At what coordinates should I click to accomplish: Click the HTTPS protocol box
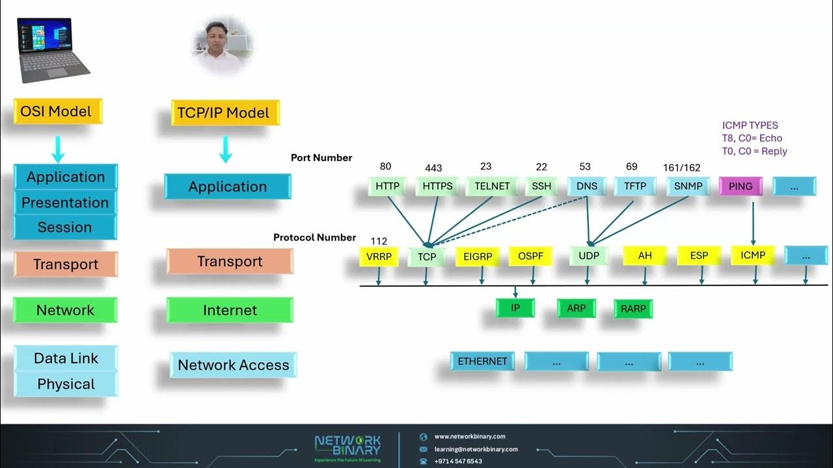(x=437, y=186)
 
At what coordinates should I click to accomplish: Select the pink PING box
(x=741, y=186)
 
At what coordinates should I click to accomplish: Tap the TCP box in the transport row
(x=427, y=257)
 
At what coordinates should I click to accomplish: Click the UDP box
(x=588, y=256)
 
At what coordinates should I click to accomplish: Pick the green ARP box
(x=576, y=308)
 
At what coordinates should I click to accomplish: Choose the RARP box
(x=633, y=309)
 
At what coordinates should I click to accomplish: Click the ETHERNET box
(x=482, y=361)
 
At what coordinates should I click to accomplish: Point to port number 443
(x=433, y=168)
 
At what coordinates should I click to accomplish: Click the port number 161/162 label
(x=682, y=168)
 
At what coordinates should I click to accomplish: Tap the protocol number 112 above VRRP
(x=379, y=241)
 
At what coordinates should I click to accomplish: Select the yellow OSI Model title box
(x=58, y=111)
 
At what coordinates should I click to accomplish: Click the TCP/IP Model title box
(x=224, y=113)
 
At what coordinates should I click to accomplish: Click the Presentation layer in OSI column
(x=65, y=202)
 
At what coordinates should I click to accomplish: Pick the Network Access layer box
(x=233, y=365)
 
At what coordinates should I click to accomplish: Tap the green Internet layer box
(x=230, y=310)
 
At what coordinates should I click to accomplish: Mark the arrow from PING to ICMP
(x=753, y=221)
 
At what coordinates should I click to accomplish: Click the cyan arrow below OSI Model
(x=58, y=149)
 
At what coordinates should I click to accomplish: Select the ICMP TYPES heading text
(x=750, y=125)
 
